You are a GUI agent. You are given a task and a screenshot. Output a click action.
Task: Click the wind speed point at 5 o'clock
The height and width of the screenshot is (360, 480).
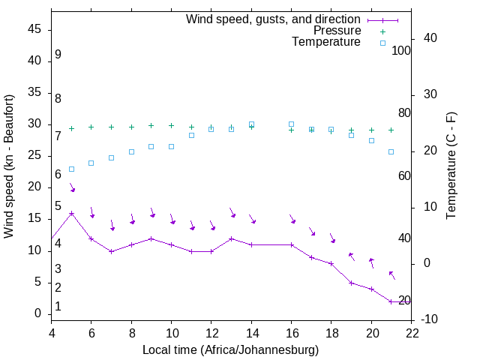click(71, 213)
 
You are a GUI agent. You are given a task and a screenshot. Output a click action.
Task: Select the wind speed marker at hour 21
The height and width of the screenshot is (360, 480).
click(391, 301)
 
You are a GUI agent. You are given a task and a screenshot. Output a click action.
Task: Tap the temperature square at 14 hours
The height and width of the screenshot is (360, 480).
click(251, 124)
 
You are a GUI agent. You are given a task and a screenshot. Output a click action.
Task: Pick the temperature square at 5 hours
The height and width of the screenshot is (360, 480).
click(71, 169)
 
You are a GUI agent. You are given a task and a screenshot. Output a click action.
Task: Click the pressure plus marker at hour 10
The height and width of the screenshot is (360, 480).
click(171, 126)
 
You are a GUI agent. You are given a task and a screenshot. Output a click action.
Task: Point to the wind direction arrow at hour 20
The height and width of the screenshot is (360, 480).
click(370, 262)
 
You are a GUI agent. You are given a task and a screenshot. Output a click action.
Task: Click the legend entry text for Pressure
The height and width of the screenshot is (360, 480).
click(337, 31)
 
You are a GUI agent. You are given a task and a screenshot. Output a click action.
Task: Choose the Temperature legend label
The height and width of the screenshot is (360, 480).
click(326, 42)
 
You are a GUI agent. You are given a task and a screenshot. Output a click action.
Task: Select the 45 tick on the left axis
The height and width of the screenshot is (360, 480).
click(34, 30)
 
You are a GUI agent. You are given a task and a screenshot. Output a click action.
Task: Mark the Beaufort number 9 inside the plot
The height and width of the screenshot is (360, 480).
click(58, 55)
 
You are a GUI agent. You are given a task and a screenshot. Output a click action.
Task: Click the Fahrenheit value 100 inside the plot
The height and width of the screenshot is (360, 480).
click(401, 50)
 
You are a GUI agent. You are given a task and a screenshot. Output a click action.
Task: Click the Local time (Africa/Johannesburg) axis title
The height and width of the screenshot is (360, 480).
click(231, 349)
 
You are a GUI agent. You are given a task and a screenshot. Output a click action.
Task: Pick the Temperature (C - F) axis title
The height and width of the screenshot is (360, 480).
click(451, 166)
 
